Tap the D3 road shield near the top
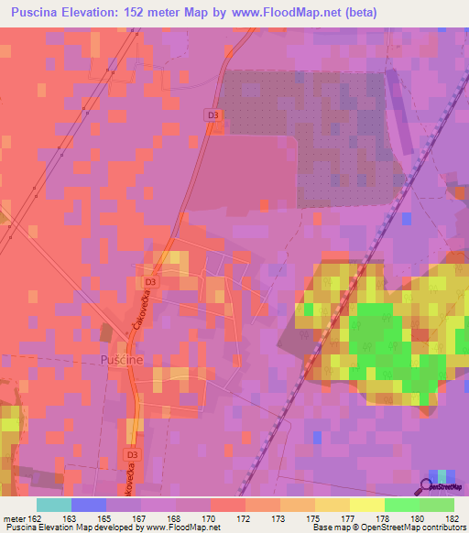tap(212, 114)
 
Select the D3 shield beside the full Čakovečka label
tap(150, 283)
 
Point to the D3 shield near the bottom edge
tap(132, 454)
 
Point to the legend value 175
tap(310, 519)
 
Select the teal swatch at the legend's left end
tap(53, 505)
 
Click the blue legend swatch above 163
tap(88, 505)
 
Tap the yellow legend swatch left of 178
tap(366, 505)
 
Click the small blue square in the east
tap(407, 218)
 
